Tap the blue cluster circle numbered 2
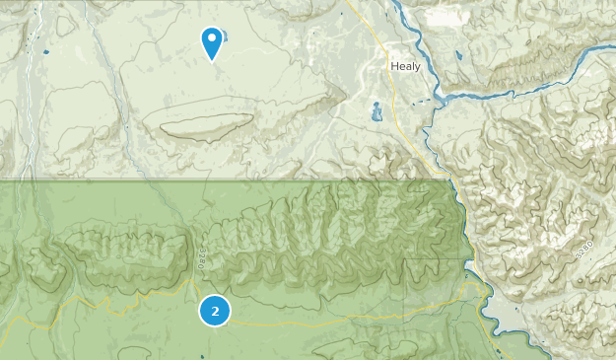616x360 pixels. click(x=215, y=311)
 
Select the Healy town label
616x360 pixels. click(x=404, y=65)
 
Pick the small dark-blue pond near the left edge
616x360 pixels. click(x=45, y=50)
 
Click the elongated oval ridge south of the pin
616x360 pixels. click(x=202, y=125)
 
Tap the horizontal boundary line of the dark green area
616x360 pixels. click(x=197, y=180)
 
